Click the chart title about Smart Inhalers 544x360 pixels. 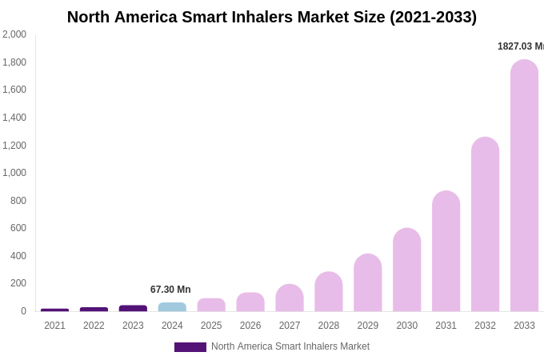click(272, 17)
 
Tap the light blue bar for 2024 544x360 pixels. click(172, 307)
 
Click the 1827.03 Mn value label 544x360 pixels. click(520, 46)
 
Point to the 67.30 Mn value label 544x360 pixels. click(170, 290)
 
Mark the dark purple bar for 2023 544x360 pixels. click(133, 308)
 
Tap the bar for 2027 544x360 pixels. click(290, 298)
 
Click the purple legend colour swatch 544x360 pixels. click(190, 347)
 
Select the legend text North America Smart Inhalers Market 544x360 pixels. click(290, 346)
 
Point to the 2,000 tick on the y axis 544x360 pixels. click(14, 34)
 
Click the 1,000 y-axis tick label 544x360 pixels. click(14, 173)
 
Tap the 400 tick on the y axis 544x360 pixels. click(18, 256)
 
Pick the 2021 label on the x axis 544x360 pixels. click(54, 326)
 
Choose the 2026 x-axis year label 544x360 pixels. click(250, 326)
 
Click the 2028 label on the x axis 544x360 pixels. click(329, 326)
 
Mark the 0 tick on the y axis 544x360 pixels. click(23, 311)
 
